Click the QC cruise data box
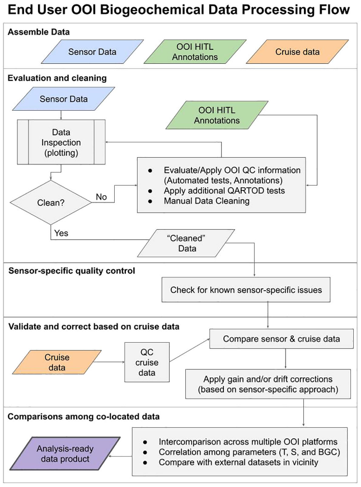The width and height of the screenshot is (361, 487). point(147,362)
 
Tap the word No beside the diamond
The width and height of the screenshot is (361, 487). point(101,197)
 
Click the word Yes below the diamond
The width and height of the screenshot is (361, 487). point(61,233)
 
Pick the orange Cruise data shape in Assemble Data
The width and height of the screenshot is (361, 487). point(297,52)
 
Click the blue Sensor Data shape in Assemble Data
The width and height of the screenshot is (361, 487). point(92,52)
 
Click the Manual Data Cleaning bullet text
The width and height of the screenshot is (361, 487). point(207,201)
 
